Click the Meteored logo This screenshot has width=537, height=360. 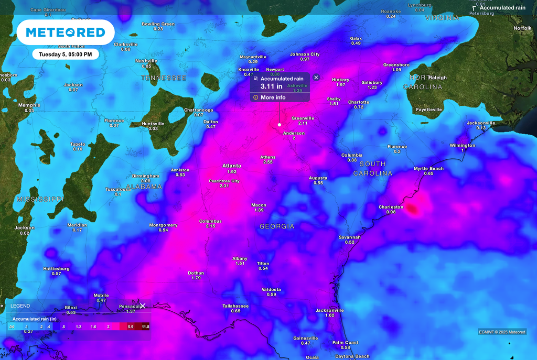tap(66, 32)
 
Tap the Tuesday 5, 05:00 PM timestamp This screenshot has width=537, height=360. tap(66, 54)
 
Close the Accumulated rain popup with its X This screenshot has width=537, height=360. tap(316, 77)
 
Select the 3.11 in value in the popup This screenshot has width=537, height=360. tap(272, 86)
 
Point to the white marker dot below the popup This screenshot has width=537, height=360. tap(280, 125)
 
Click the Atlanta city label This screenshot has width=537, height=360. tap(232, 166)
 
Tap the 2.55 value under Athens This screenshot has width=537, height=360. tap(268, 162)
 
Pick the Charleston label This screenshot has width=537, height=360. tap(391, 207)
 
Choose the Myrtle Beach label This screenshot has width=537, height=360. tap(428, 168)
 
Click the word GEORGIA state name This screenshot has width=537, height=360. tap(277, 226)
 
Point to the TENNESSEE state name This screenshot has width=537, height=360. tap(164, 78)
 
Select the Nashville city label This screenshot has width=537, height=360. tap(146, 61)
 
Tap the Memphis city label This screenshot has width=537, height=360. tap(29, 105)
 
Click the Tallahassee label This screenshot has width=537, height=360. tap(235, 306)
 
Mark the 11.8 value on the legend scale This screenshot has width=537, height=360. tap(145, 326)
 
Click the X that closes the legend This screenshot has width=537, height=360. tap(143, 306)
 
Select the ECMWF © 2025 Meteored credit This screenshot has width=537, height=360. tap(502, 332)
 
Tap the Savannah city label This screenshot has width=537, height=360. tap(350, 237)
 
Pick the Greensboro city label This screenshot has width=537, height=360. tap(396, 64)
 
